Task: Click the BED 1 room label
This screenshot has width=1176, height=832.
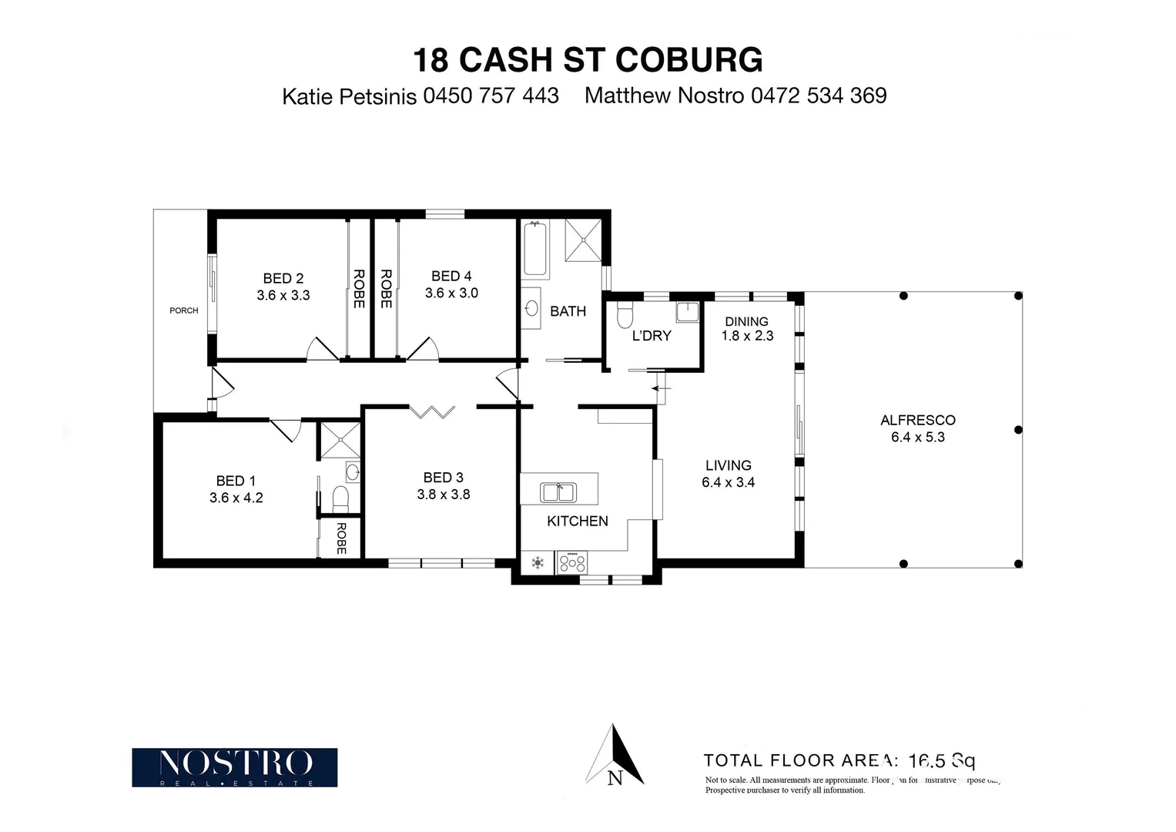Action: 236,481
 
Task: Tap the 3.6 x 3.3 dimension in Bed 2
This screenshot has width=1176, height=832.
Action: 283,295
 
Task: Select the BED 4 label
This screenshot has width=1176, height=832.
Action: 451,276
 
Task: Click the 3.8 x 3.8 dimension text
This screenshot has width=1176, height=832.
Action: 443,495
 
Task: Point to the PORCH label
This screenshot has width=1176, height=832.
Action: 183,310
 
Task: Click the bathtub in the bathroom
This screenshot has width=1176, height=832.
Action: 535,249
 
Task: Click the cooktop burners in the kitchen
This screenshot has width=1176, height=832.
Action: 571,562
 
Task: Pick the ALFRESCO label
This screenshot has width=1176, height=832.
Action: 917,420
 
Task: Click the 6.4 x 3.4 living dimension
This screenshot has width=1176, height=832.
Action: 728,482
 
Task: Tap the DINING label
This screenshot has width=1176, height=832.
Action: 746,321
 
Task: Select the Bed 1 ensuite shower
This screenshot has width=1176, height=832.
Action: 340,441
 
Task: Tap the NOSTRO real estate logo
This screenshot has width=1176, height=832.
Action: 234,767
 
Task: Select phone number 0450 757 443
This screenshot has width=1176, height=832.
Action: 491,96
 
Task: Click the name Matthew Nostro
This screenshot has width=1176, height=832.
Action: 664,96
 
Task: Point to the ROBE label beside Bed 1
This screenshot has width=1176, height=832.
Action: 341,538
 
